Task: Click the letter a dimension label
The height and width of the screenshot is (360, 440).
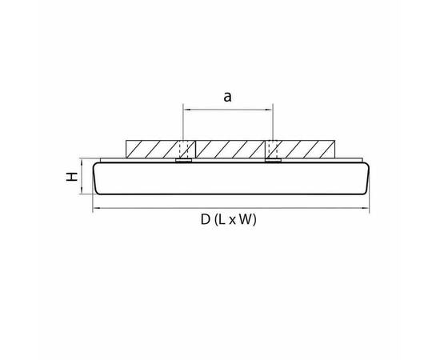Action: [227, 97]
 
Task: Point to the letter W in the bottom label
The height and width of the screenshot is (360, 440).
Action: [246, 220]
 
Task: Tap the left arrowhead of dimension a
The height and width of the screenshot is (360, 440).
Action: [186, 110]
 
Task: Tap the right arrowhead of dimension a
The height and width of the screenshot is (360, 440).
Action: [270, 110]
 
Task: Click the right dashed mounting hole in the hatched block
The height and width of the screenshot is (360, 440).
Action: [274, 150]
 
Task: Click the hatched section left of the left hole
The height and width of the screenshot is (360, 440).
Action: [152, 150]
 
